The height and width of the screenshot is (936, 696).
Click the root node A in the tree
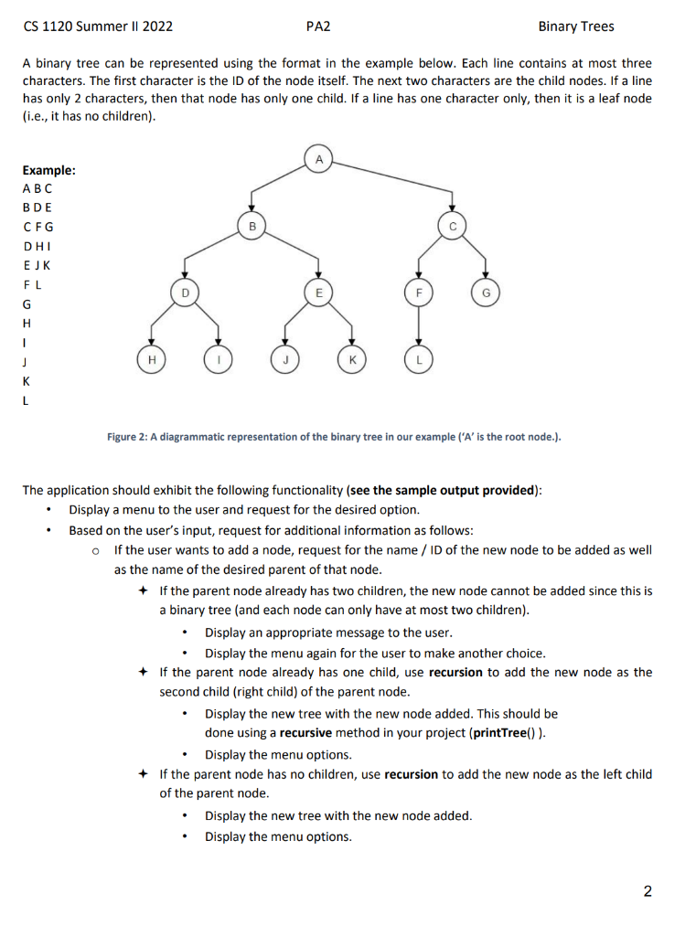tap(318, 159)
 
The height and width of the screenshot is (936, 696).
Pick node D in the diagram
tap(184, 292)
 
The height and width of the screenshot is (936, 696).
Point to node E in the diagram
tap(318, 292)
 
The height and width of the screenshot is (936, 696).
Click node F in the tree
tap(419, 292)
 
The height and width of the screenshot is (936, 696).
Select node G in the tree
tap(486, 292)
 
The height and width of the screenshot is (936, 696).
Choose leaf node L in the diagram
tap(419, 360)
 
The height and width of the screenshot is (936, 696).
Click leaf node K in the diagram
tap(351, 360)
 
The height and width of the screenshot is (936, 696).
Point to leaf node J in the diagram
tap(284, 360)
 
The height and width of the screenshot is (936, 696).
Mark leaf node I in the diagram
tap(218, 360)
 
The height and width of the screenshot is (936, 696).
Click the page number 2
tap(648, 892)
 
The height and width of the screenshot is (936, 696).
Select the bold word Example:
tap(48, 170)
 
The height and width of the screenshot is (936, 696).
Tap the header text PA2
tap(316, 27)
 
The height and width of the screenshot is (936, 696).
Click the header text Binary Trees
tap(576, 27)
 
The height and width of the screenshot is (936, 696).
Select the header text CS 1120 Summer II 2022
tap(98, 27)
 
